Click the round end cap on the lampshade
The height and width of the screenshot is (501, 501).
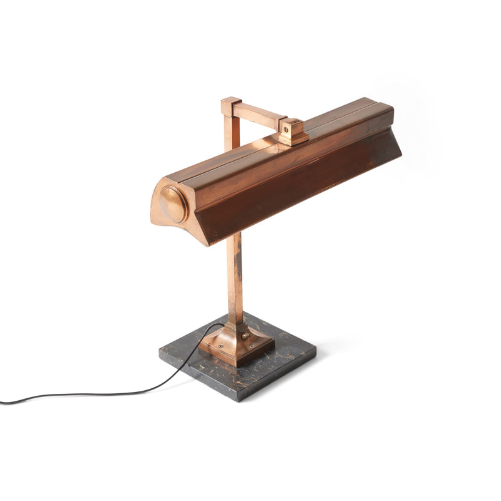point(172,204)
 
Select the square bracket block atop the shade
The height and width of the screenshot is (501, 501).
point(292,132)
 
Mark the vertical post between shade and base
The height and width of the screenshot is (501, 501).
point(235,276)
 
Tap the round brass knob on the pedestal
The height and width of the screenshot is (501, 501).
point(245,337)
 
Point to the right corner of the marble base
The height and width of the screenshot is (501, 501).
point(315,358)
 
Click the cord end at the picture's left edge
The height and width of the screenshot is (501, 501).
point(3,402)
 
